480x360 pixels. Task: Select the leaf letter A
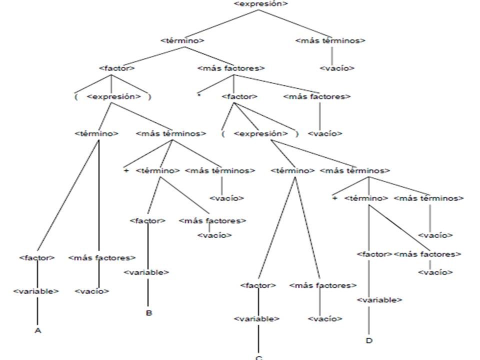[x=38, y=331]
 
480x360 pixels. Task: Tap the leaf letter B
[x=148, y=313]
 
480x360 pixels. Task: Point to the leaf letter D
[x=368, y=341]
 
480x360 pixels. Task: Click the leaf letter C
[x=258, y=357]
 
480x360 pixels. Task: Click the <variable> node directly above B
[x=146, y=272]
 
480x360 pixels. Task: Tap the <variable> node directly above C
[x=256, y=318]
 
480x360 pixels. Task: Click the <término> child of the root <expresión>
[x=182, y=40]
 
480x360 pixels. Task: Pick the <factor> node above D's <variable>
[x=374, y=254]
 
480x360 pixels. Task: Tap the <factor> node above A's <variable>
[x=36, y=258]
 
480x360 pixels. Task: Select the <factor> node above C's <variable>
[x=258, y=285]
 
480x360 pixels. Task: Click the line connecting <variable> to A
[x=38, y=311]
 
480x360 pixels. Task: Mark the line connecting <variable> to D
[x=369, y=320]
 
